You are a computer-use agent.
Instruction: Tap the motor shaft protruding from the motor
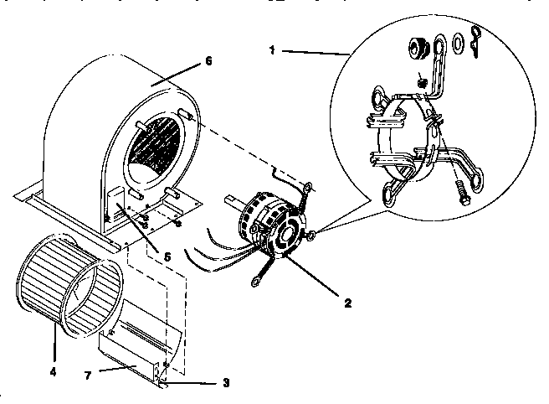pyautogui.click(x=232, y=202)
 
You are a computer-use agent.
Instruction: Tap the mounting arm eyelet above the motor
pyautogui.click(x=308, y=189)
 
